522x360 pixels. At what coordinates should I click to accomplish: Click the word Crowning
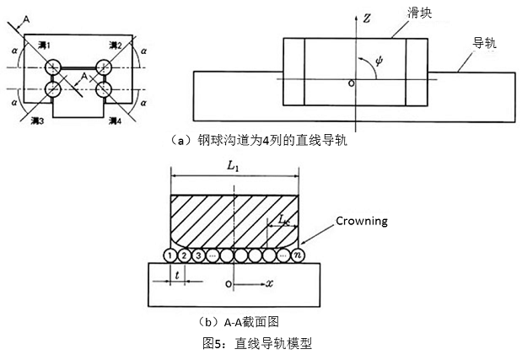pos(362,222)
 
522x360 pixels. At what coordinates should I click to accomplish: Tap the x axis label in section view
pos(270,284)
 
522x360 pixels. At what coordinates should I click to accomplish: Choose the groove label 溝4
pos(117,122)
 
